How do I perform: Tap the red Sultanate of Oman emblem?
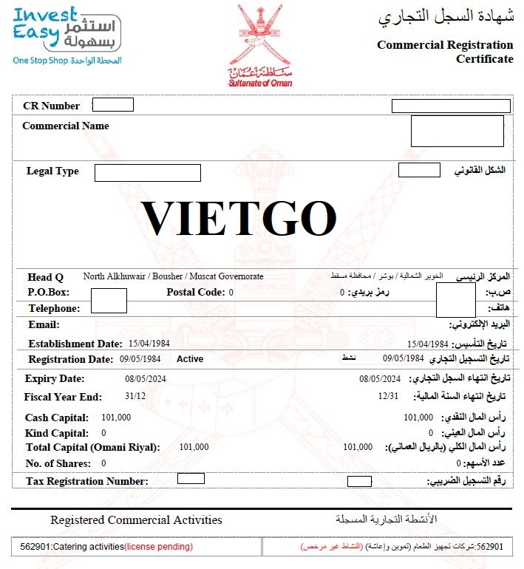260,44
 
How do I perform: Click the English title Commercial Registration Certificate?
444,52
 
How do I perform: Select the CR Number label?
51,106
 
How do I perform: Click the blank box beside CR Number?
112,105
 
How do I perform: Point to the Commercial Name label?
66,126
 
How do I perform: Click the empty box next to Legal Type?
147,172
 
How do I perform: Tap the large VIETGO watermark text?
239,219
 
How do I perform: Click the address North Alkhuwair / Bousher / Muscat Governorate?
173,276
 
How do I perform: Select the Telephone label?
53,308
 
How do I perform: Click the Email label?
44,324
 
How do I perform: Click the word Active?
190,359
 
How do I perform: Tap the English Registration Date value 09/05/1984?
140,359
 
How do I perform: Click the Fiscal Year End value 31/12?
135,396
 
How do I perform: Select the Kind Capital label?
56,433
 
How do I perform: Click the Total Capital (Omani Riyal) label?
92,447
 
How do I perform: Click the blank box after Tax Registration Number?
191,479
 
